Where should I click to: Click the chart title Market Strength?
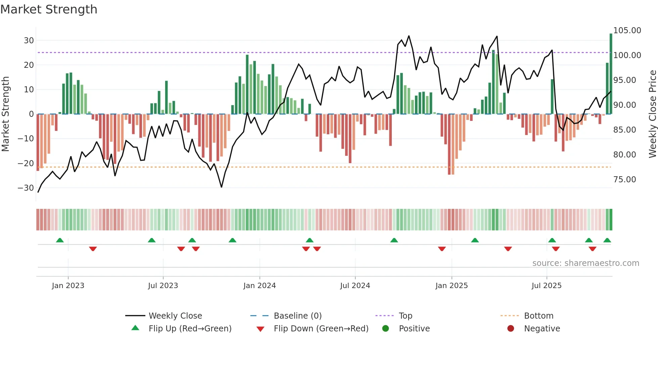[49, 9]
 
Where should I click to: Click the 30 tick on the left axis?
[29, 41]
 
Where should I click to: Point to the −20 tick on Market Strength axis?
[26, 164]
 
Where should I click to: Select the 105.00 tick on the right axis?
[627, 31]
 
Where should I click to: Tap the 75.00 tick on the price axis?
[624, 180]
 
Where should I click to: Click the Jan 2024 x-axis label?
[260, 286]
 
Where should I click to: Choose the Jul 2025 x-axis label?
[546, 286]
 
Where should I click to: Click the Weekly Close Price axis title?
[652, 114]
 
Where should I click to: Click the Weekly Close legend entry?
[175, 316]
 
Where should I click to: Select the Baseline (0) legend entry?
[297, 316]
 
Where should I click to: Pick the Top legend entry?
[405, 316]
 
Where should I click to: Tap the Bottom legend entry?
[538, 316]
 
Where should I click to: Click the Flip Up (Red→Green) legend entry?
[190, 329]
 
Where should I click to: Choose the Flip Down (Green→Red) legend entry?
[321, 329]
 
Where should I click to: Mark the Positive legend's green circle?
[385, 329]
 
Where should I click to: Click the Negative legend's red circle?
[511, 329]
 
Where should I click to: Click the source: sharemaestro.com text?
[585, 263]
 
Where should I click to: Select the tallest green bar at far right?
[611, 74]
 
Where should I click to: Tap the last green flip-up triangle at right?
[607, 240]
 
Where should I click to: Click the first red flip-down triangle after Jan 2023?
[93, 249]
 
